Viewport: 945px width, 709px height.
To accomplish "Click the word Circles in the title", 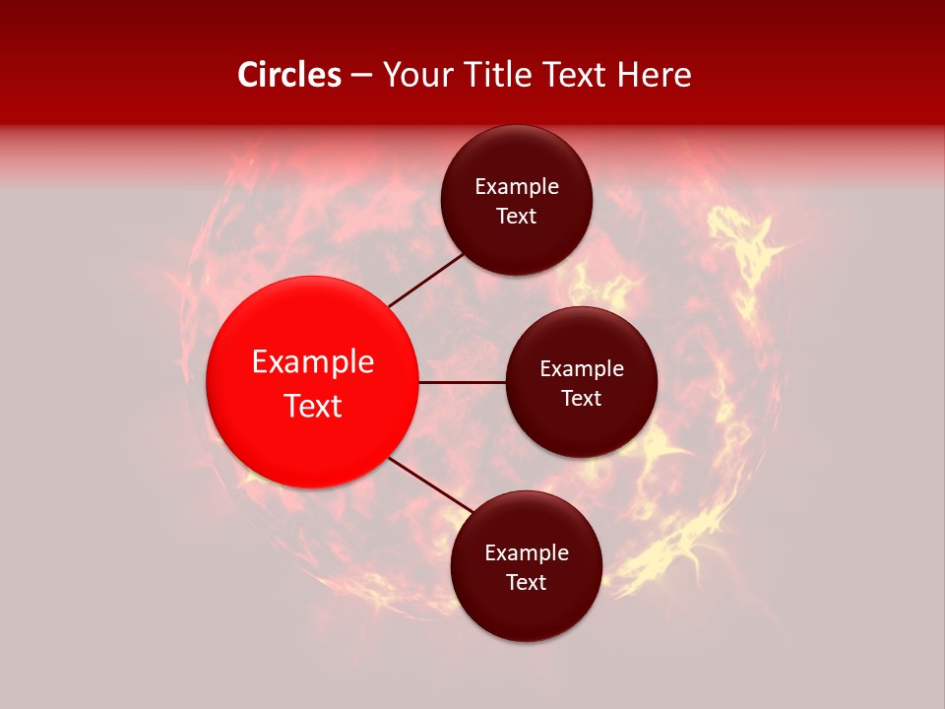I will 288,75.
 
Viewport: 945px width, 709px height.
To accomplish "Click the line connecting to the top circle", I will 426,280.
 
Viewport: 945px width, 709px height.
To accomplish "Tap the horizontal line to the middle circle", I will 463,382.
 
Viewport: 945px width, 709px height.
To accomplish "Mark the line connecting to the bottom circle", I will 429,485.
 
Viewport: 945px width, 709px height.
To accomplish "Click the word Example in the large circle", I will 313,362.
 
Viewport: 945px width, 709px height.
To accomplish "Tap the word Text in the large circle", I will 313,406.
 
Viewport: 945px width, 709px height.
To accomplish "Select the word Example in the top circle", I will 517,187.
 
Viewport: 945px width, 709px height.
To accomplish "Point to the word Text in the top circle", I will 517,217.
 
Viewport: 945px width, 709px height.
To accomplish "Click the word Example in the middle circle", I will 582,369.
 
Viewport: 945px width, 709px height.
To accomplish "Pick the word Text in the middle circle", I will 582,399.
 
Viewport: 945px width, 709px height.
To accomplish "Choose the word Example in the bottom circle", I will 527,553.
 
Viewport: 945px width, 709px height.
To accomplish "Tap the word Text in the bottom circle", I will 527,583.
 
